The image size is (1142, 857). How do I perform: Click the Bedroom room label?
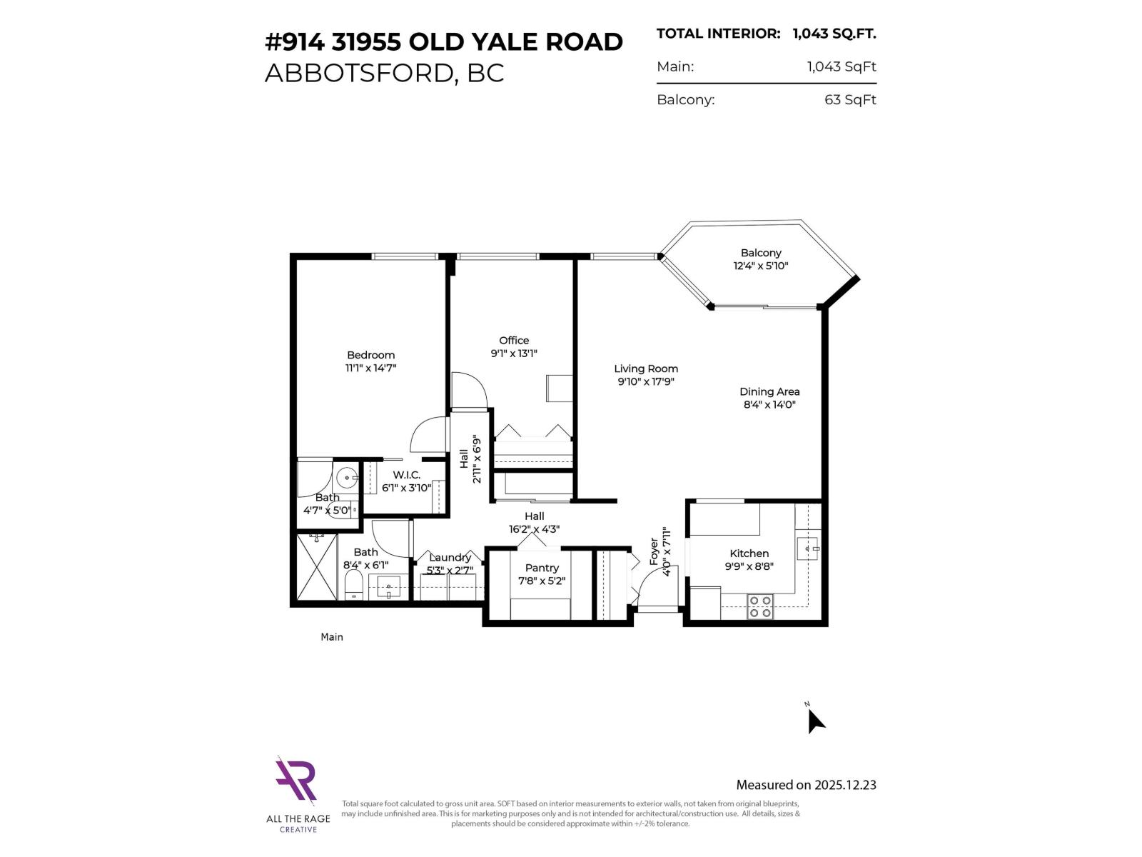[370, 355]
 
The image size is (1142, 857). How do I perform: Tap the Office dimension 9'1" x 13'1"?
[513, 354]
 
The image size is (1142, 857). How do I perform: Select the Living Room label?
[646, 369]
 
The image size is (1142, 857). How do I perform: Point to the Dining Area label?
[769, 391]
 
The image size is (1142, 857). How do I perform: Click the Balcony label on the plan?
[761, 253]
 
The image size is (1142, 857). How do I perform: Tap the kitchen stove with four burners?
[760, 606]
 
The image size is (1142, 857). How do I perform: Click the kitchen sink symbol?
[807, 549]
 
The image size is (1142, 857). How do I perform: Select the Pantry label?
[542, 568]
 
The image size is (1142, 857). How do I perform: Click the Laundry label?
[450, 558]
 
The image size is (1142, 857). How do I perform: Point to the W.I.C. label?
[406, 475]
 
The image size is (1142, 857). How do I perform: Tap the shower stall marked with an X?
[316, 567]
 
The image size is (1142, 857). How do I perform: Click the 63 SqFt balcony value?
[849, 100]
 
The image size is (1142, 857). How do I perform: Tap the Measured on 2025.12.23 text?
[806, 785]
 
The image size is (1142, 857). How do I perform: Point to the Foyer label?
[654, 551]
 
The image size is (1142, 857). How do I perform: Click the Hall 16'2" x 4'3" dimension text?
[534, 529]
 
